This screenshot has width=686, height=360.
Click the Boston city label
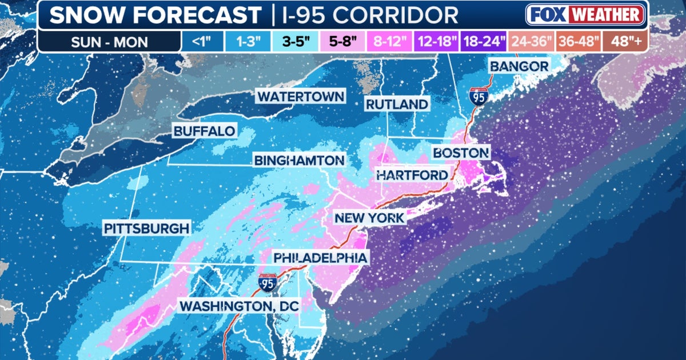[x=461, y=153]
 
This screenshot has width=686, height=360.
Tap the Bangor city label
[x=519, y=66]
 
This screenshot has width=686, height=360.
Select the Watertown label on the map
[x=301, y=96]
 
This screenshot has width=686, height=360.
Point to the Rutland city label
[x=397, y=104]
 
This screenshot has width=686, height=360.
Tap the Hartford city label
[x=412, y=175]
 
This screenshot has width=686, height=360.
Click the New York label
[x=369, y=218]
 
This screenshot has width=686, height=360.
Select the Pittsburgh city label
[x=146, y=229]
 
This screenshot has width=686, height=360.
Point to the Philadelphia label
[x=320, y=258]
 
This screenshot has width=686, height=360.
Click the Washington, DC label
[x=240, y=306]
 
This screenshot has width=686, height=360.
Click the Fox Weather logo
[x=585, y=14]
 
